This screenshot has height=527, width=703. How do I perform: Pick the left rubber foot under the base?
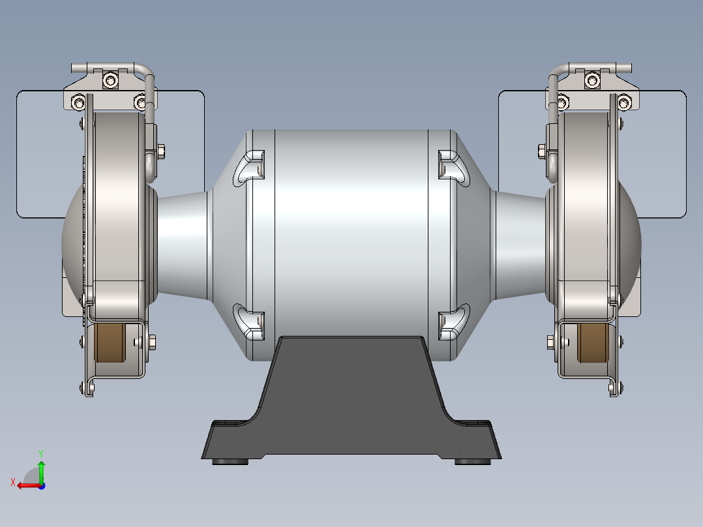(231, 462)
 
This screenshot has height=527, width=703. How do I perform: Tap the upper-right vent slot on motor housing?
(453, 164)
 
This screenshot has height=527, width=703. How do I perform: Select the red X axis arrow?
(25, 485)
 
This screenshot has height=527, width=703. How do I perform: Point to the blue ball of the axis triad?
(41, 485)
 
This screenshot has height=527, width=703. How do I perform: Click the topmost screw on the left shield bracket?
(112, 80)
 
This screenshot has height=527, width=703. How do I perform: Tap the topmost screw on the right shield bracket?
(591, 80)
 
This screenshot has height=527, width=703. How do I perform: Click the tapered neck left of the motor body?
(183, 245)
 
